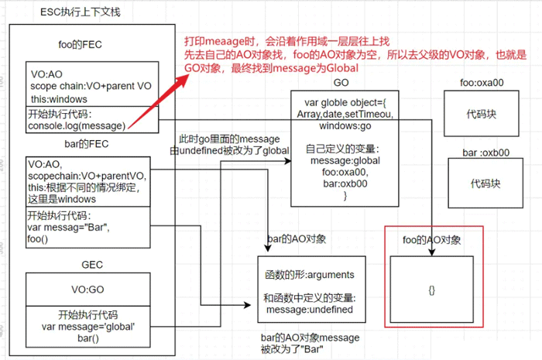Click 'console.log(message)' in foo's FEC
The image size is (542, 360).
click(76, 125)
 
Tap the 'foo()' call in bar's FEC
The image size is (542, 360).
click(39, 239)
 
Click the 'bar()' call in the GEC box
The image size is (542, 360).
click(89, 339)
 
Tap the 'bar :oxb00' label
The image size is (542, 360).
click(485, 152)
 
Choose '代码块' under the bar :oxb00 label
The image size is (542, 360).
click(485, 184)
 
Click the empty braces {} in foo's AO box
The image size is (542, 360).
click(431, 289)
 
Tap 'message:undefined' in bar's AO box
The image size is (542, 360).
click(309, 310)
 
